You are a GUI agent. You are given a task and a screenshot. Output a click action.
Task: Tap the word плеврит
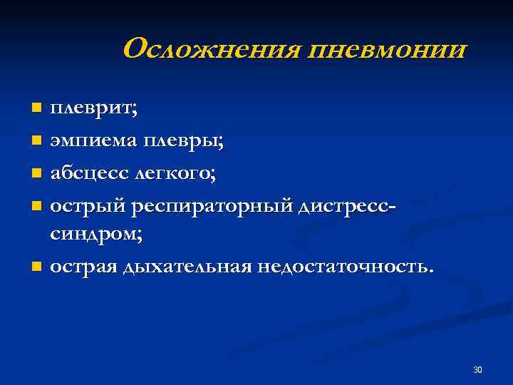(x=93, y=110)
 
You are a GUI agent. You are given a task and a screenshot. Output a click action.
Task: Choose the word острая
(x=84, y=267)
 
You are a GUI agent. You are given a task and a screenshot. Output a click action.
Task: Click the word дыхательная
(x=187, y=267)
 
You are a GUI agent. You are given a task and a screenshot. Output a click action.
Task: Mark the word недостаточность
(x=345, y=266)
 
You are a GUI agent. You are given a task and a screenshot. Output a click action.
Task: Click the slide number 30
(x=477, y=369)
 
